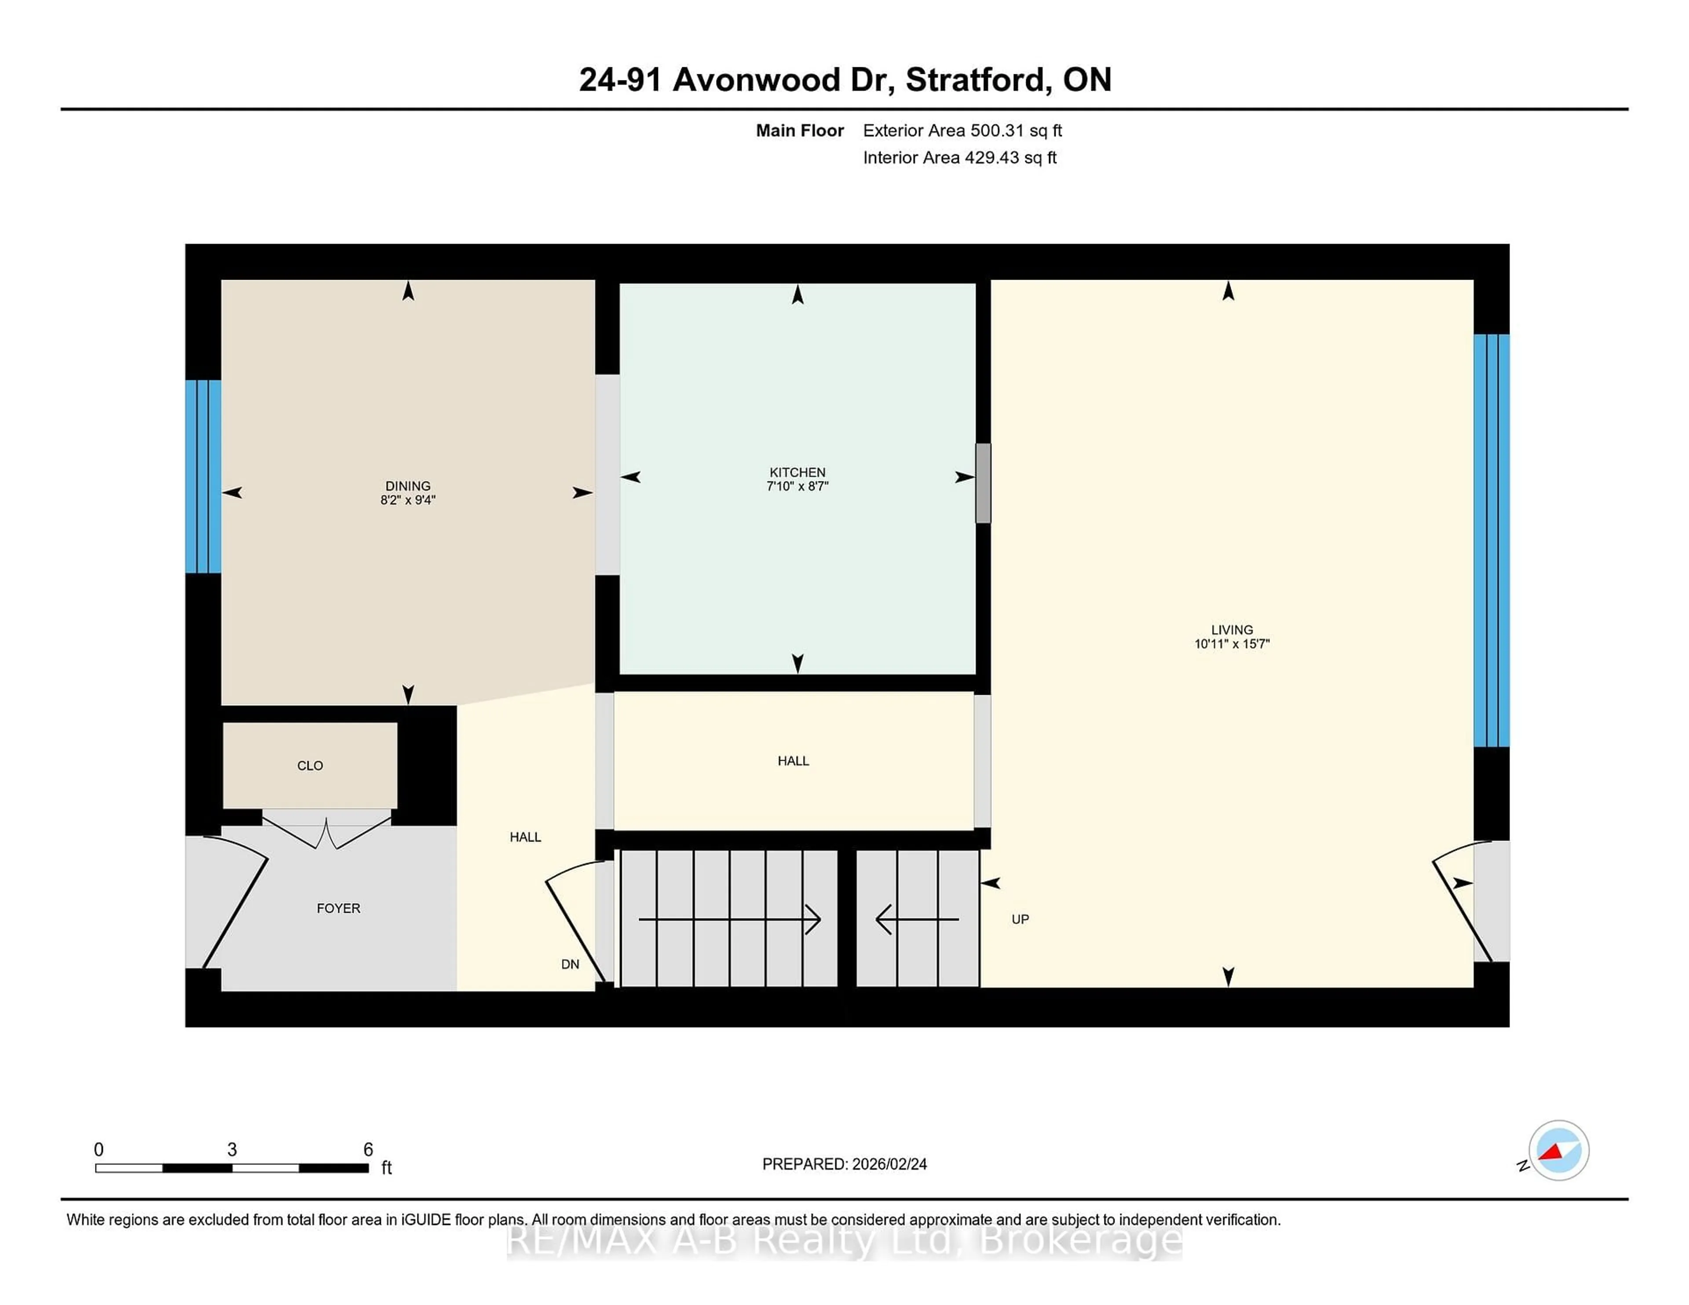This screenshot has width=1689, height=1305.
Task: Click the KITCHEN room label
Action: pyautogui.click(x=797, y=472)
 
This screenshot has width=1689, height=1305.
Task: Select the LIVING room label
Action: pyautogui.click(x=1231, y=629)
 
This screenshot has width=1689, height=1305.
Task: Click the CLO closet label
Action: pyautogui.click(x=310, y=766)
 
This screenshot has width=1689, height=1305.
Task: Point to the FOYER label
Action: pyautogui.click(x=338, y=908)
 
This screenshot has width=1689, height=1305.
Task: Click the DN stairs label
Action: pyautogui.click(x=570, y=964)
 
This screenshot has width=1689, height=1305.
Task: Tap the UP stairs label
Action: pyautogui.click(x=1020, y=919)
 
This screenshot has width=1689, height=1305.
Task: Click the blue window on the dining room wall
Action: pyautogui.click(x=203, y=476)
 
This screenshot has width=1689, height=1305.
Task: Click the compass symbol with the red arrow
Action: pyautogui.click(x=1558, y=1150)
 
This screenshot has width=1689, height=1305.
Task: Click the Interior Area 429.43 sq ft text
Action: pyautogui.click(x=959, y=158)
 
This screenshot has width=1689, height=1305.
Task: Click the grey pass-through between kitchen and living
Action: pyautogui.click(x=983, y=482)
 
